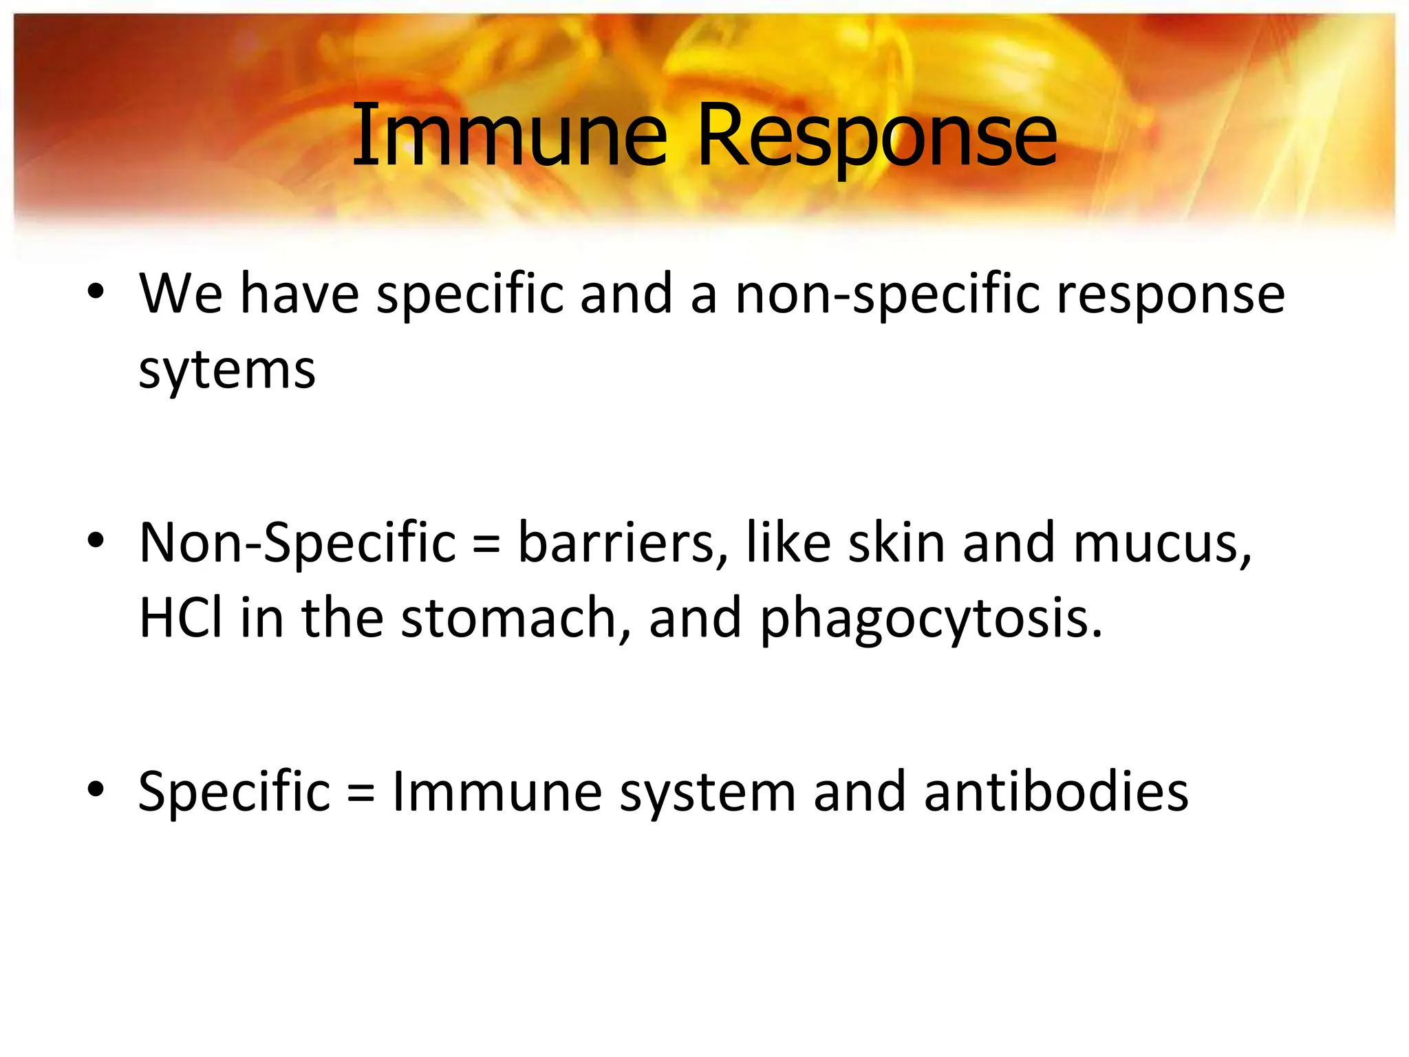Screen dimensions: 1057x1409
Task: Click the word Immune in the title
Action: tap(509, 136)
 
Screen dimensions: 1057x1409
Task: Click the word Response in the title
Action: tap(876, 136)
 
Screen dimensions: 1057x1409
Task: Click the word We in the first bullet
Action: tap(181, 295)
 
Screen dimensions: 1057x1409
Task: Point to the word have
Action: tap(299, 295)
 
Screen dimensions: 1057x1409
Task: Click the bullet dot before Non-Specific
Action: tap(96, 540)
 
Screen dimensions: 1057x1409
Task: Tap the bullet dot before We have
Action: tap(96, 292)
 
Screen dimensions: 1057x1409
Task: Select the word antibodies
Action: tap(1056, 792)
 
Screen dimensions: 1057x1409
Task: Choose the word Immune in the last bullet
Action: tap(497, 792)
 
